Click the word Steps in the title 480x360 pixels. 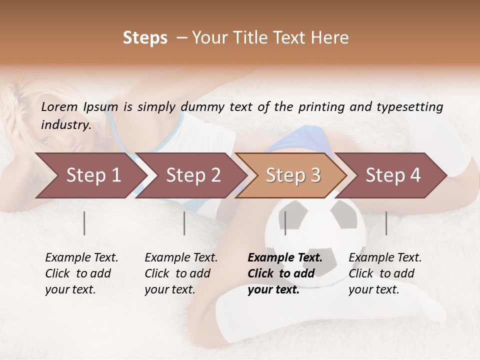145,38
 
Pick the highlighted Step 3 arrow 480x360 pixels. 293,175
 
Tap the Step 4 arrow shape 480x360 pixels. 393,175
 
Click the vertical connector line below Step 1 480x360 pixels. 84,223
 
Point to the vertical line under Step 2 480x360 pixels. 184,223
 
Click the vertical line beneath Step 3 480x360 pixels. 285,223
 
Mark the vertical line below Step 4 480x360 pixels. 386,223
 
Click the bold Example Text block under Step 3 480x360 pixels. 285,273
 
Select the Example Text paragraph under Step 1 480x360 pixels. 81,273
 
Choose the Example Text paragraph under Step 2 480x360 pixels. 181,273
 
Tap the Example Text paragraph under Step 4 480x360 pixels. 385,273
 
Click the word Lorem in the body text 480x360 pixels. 59,106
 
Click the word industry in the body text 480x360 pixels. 65,124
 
